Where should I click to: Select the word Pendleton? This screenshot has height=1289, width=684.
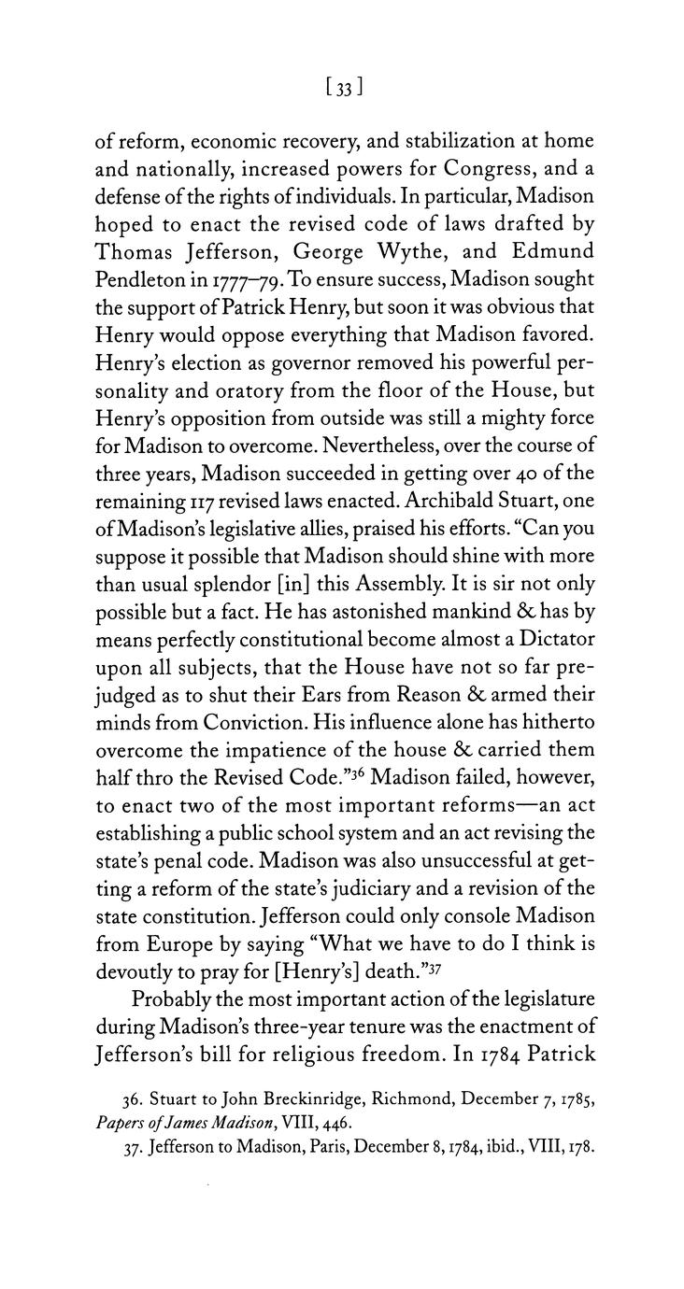146,280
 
